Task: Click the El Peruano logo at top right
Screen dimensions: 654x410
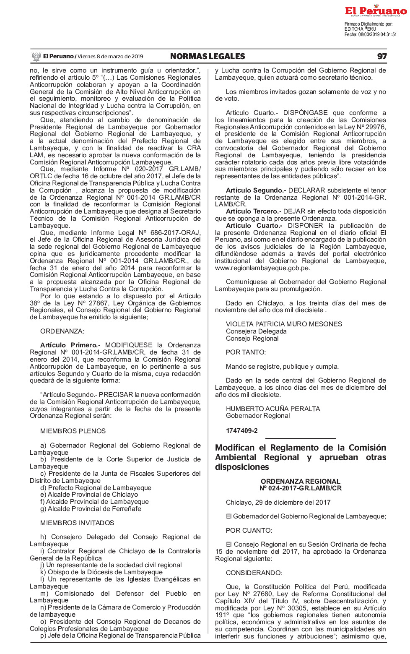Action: coord(376,11)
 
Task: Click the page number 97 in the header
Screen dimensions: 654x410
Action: coord(381,57)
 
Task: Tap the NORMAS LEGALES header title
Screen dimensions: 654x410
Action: coord(208,57)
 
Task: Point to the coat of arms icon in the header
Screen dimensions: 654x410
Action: coord(36,57)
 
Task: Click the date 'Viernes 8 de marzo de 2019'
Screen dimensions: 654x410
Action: coord(110,57)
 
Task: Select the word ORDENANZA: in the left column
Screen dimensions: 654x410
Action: coord(62,331)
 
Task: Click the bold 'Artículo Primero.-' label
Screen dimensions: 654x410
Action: coord(70,345)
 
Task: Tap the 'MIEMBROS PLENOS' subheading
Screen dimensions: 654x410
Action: coord(73,431)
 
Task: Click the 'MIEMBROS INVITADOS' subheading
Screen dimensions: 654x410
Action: coord(77,523)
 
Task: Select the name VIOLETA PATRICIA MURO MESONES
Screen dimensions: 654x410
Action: coord(284,324)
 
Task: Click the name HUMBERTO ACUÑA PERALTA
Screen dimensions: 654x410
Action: coord(273,409)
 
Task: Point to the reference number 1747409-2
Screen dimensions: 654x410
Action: coord(242,431)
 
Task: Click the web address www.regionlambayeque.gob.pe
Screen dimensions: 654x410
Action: coord(262,268)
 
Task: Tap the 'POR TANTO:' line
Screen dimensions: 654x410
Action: coord(246,352)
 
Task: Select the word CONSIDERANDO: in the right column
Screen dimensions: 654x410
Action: coord(254,573)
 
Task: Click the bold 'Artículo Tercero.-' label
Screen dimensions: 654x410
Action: coord(253,211)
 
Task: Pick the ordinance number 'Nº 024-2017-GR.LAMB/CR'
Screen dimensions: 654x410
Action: coord(301,488)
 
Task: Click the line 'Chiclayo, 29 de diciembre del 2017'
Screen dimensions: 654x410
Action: coord(278,503)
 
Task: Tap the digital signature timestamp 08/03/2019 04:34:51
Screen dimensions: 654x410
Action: coord(377,35)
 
